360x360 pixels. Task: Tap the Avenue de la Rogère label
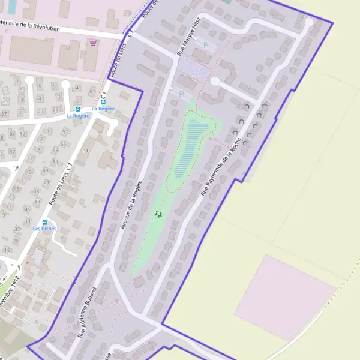pos(132,204)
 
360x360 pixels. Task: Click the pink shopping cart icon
pos(92,43)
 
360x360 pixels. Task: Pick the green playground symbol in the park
pos(158,214)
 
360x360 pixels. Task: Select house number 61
pos(92,91)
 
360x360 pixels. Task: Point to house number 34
pos(86,150)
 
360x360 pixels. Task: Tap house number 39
pos(28,221)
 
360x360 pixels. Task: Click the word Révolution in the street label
pos(41,26)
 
